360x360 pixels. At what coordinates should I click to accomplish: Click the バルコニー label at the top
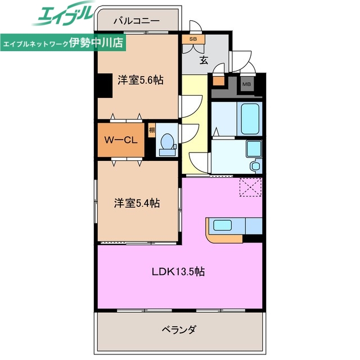click(136, 21)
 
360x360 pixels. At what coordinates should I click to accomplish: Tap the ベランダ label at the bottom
click(179, 330)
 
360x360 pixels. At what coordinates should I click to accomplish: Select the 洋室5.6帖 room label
click(141, 80)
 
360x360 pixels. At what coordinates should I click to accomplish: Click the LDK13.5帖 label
click(178, 272)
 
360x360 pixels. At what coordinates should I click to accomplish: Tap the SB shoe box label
click(193, 39)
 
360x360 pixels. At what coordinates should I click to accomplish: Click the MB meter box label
click(246, 84)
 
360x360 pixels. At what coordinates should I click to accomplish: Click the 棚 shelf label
click(152, 130)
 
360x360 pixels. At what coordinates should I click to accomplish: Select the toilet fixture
click(167, 145)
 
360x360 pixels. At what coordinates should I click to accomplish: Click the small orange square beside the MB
click(219, 80)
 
